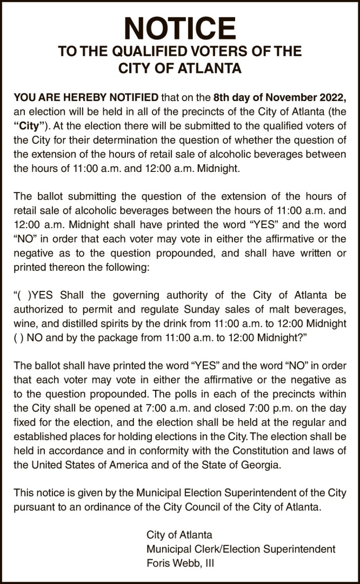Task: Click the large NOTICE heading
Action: [x=180, y=26]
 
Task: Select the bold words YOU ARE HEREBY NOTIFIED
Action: [x=86, y=98]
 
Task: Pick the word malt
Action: [x=274, y=309]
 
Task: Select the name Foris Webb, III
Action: [x=181, y=563]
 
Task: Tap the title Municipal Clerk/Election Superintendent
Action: [x=241, y=549]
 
